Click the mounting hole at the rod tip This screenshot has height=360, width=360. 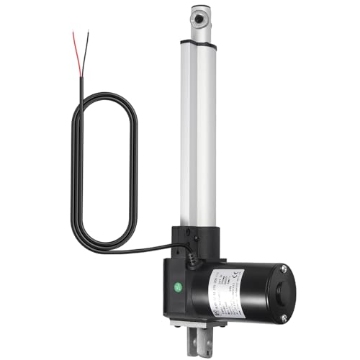coord(200,13)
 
